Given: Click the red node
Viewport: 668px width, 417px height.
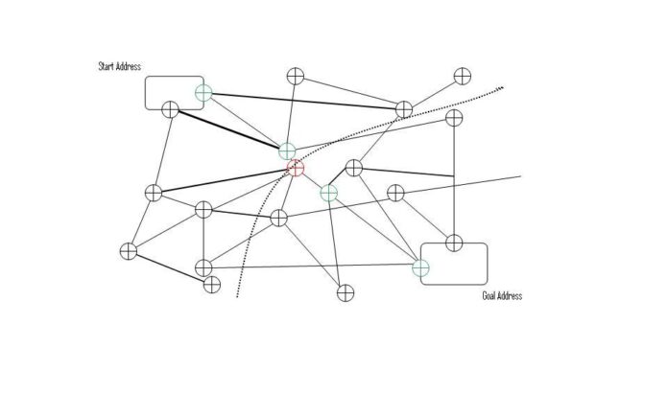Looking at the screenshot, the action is tap(296, 168).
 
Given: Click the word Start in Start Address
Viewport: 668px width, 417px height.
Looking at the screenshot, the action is tap(107, 66).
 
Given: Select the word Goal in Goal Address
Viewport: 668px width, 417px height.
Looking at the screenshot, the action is tap(489, 295).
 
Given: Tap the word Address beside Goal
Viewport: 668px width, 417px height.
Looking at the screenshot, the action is tap(510, 295).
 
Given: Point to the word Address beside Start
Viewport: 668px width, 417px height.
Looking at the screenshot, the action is tap(129, 66).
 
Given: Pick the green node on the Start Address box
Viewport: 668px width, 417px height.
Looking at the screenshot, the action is tap(203, 93).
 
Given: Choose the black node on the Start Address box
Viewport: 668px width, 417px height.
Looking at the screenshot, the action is tap(171, 110).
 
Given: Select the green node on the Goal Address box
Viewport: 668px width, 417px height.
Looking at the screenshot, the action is tap(421, 267).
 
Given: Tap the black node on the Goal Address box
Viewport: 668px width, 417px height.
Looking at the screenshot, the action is tap(454, 243).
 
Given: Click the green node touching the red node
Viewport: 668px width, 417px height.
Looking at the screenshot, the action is tap(287, 151).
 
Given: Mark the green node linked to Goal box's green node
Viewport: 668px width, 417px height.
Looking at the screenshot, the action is tap(329, 193).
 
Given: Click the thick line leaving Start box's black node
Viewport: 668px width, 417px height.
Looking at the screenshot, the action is tap(228, 129).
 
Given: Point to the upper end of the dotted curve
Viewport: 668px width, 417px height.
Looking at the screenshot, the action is tap(503, 87).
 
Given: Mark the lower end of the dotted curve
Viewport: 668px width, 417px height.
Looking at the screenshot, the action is tap(237, 296).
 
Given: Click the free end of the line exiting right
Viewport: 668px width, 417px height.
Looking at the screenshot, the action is tap(521, 175).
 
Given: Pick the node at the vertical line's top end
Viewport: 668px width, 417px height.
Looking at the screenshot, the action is tap(454, 118).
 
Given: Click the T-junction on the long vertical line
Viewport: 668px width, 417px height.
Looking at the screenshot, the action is tap(454, 175).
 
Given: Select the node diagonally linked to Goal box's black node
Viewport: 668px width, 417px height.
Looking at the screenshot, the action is tap(395, 193).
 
